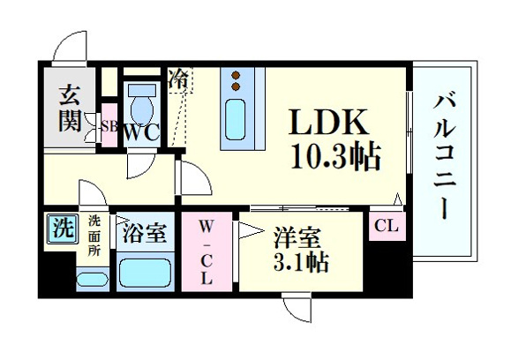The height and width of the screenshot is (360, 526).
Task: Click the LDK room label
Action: [x=328, y=122]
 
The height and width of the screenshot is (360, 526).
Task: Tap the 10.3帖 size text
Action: [x=335, y=156]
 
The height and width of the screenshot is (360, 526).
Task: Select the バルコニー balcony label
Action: [x=444, y=157]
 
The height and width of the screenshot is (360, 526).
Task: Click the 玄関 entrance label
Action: [x=70, y=109]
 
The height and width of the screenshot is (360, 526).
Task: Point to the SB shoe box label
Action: [x=109, y=126]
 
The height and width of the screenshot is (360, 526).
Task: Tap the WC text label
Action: [x=141, y=133]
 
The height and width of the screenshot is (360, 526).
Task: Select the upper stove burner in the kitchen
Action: [x=236, y=75]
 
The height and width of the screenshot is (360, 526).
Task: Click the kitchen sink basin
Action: [x=235, y=119]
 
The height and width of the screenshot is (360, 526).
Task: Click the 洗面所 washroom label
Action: [x=94, y=236]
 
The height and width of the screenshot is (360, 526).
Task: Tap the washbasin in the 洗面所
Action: [x=93, y=279]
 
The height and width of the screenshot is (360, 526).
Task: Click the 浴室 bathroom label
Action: [x=145, y=233]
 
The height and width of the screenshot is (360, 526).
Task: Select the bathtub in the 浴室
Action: [x=146, y=273]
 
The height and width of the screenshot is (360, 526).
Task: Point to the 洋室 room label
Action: [x=297, y=238]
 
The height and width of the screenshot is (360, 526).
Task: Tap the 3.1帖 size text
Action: [x=301, y=262]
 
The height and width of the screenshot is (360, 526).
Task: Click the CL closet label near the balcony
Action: [x=387, y=226]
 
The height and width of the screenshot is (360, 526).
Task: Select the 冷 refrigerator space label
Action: [x=178, y=79]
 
